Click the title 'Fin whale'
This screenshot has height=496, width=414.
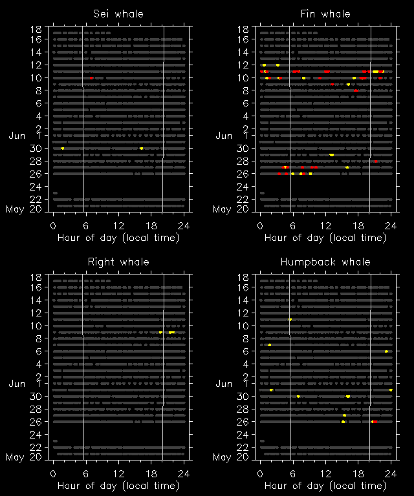click(325, 14)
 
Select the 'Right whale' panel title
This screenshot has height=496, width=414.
click(118, 262)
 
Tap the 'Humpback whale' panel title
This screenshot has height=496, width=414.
click(325, 262)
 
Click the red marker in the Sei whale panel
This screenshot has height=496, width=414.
click(91, 78)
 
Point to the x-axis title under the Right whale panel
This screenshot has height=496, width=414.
click(118, 485)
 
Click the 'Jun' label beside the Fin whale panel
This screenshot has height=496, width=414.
click(223, 136)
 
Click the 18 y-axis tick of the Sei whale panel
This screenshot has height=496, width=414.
click(36, 29)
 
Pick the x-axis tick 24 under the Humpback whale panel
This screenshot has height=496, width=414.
click(391, 473)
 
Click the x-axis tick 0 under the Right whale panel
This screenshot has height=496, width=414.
click(54, 473)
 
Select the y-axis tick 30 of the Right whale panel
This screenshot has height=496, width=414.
click(36, 397)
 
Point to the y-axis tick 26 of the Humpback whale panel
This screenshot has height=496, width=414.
click(243, 422)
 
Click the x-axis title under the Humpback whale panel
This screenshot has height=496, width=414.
click(325, 485)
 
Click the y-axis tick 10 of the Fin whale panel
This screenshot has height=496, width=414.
click(243, 78)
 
